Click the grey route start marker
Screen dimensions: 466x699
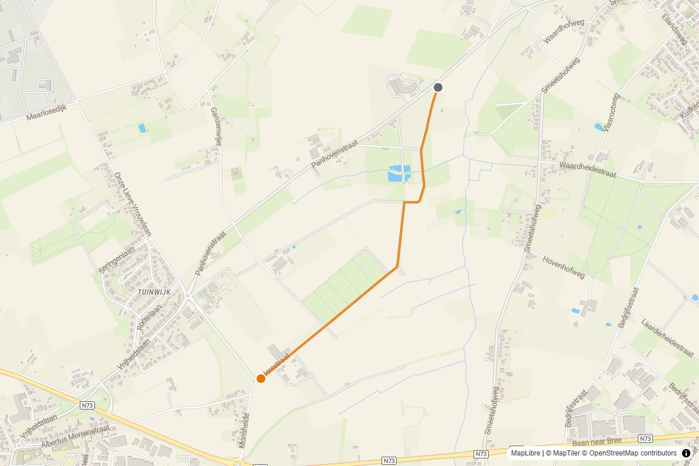[x=438, y=87]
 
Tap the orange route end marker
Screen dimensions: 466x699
[x=261, y=379]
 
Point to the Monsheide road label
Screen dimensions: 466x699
[x=245, y=430]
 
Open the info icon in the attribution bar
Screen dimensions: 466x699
[x=686, y=453]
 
